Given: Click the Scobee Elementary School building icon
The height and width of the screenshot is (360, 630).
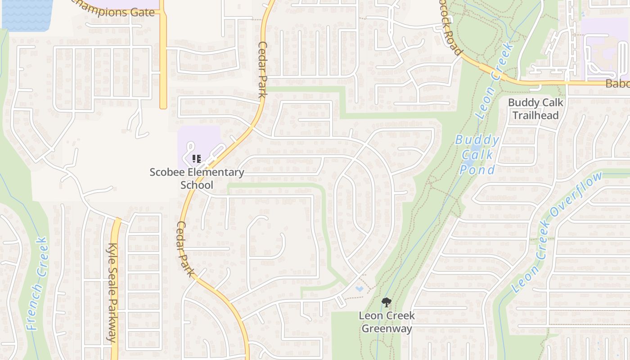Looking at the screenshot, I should (196, 158).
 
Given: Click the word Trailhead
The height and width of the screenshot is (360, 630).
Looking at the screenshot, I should (535, 115).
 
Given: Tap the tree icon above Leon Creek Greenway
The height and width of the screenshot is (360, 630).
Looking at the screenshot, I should (386, 302).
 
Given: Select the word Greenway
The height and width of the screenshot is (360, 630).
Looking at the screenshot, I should (387, 328).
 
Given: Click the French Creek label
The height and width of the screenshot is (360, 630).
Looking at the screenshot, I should (37, 284).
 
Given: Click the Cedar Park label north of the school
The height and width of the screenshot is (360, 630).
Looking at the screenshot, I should (263, 69).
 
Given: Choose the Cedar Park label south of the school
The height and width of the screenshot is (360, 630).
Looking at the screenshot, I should (185, 249).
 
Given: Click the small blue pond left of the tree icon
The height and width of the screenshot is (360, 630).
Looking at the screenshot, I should (359, 288).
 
